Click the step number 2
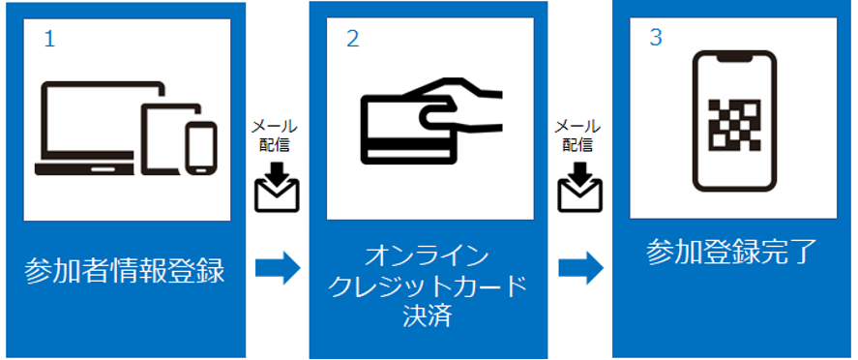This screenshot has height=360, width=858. (x=352, y=39)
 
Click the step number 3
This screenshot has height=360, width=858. (x=656, y=39)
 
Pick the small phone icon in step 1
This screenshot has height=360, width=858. (x=201, y=147)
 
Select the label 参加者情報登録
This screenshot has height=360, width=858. (x=124, y=271)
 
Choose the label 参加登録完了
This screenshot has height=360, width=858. (x=732, y=253)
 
